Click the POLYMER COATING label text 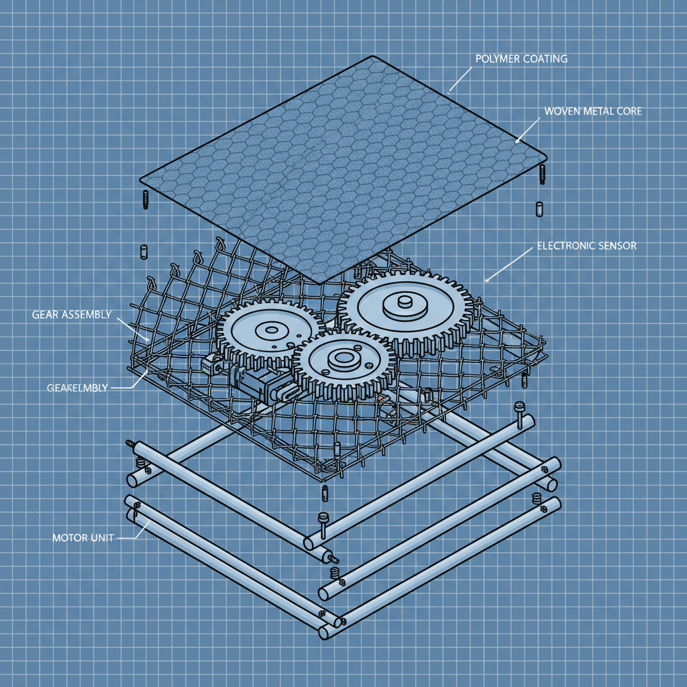(x=521, y=59)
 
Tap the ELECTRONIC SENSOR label (x=586, y=246)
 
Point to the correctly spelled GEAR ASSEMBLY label (x=71, y=315)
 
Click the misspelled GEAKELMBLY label (x=77, y=388)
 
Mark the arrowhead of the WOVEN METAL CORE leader (x=517, y=142)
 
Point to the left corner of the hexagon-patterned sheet (x=142, y=180)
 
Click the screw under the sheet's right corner (x=542, y=173)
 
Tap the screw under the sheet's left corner (x=144, y=199)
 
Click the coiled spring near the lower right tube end (x=536, y=498)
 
